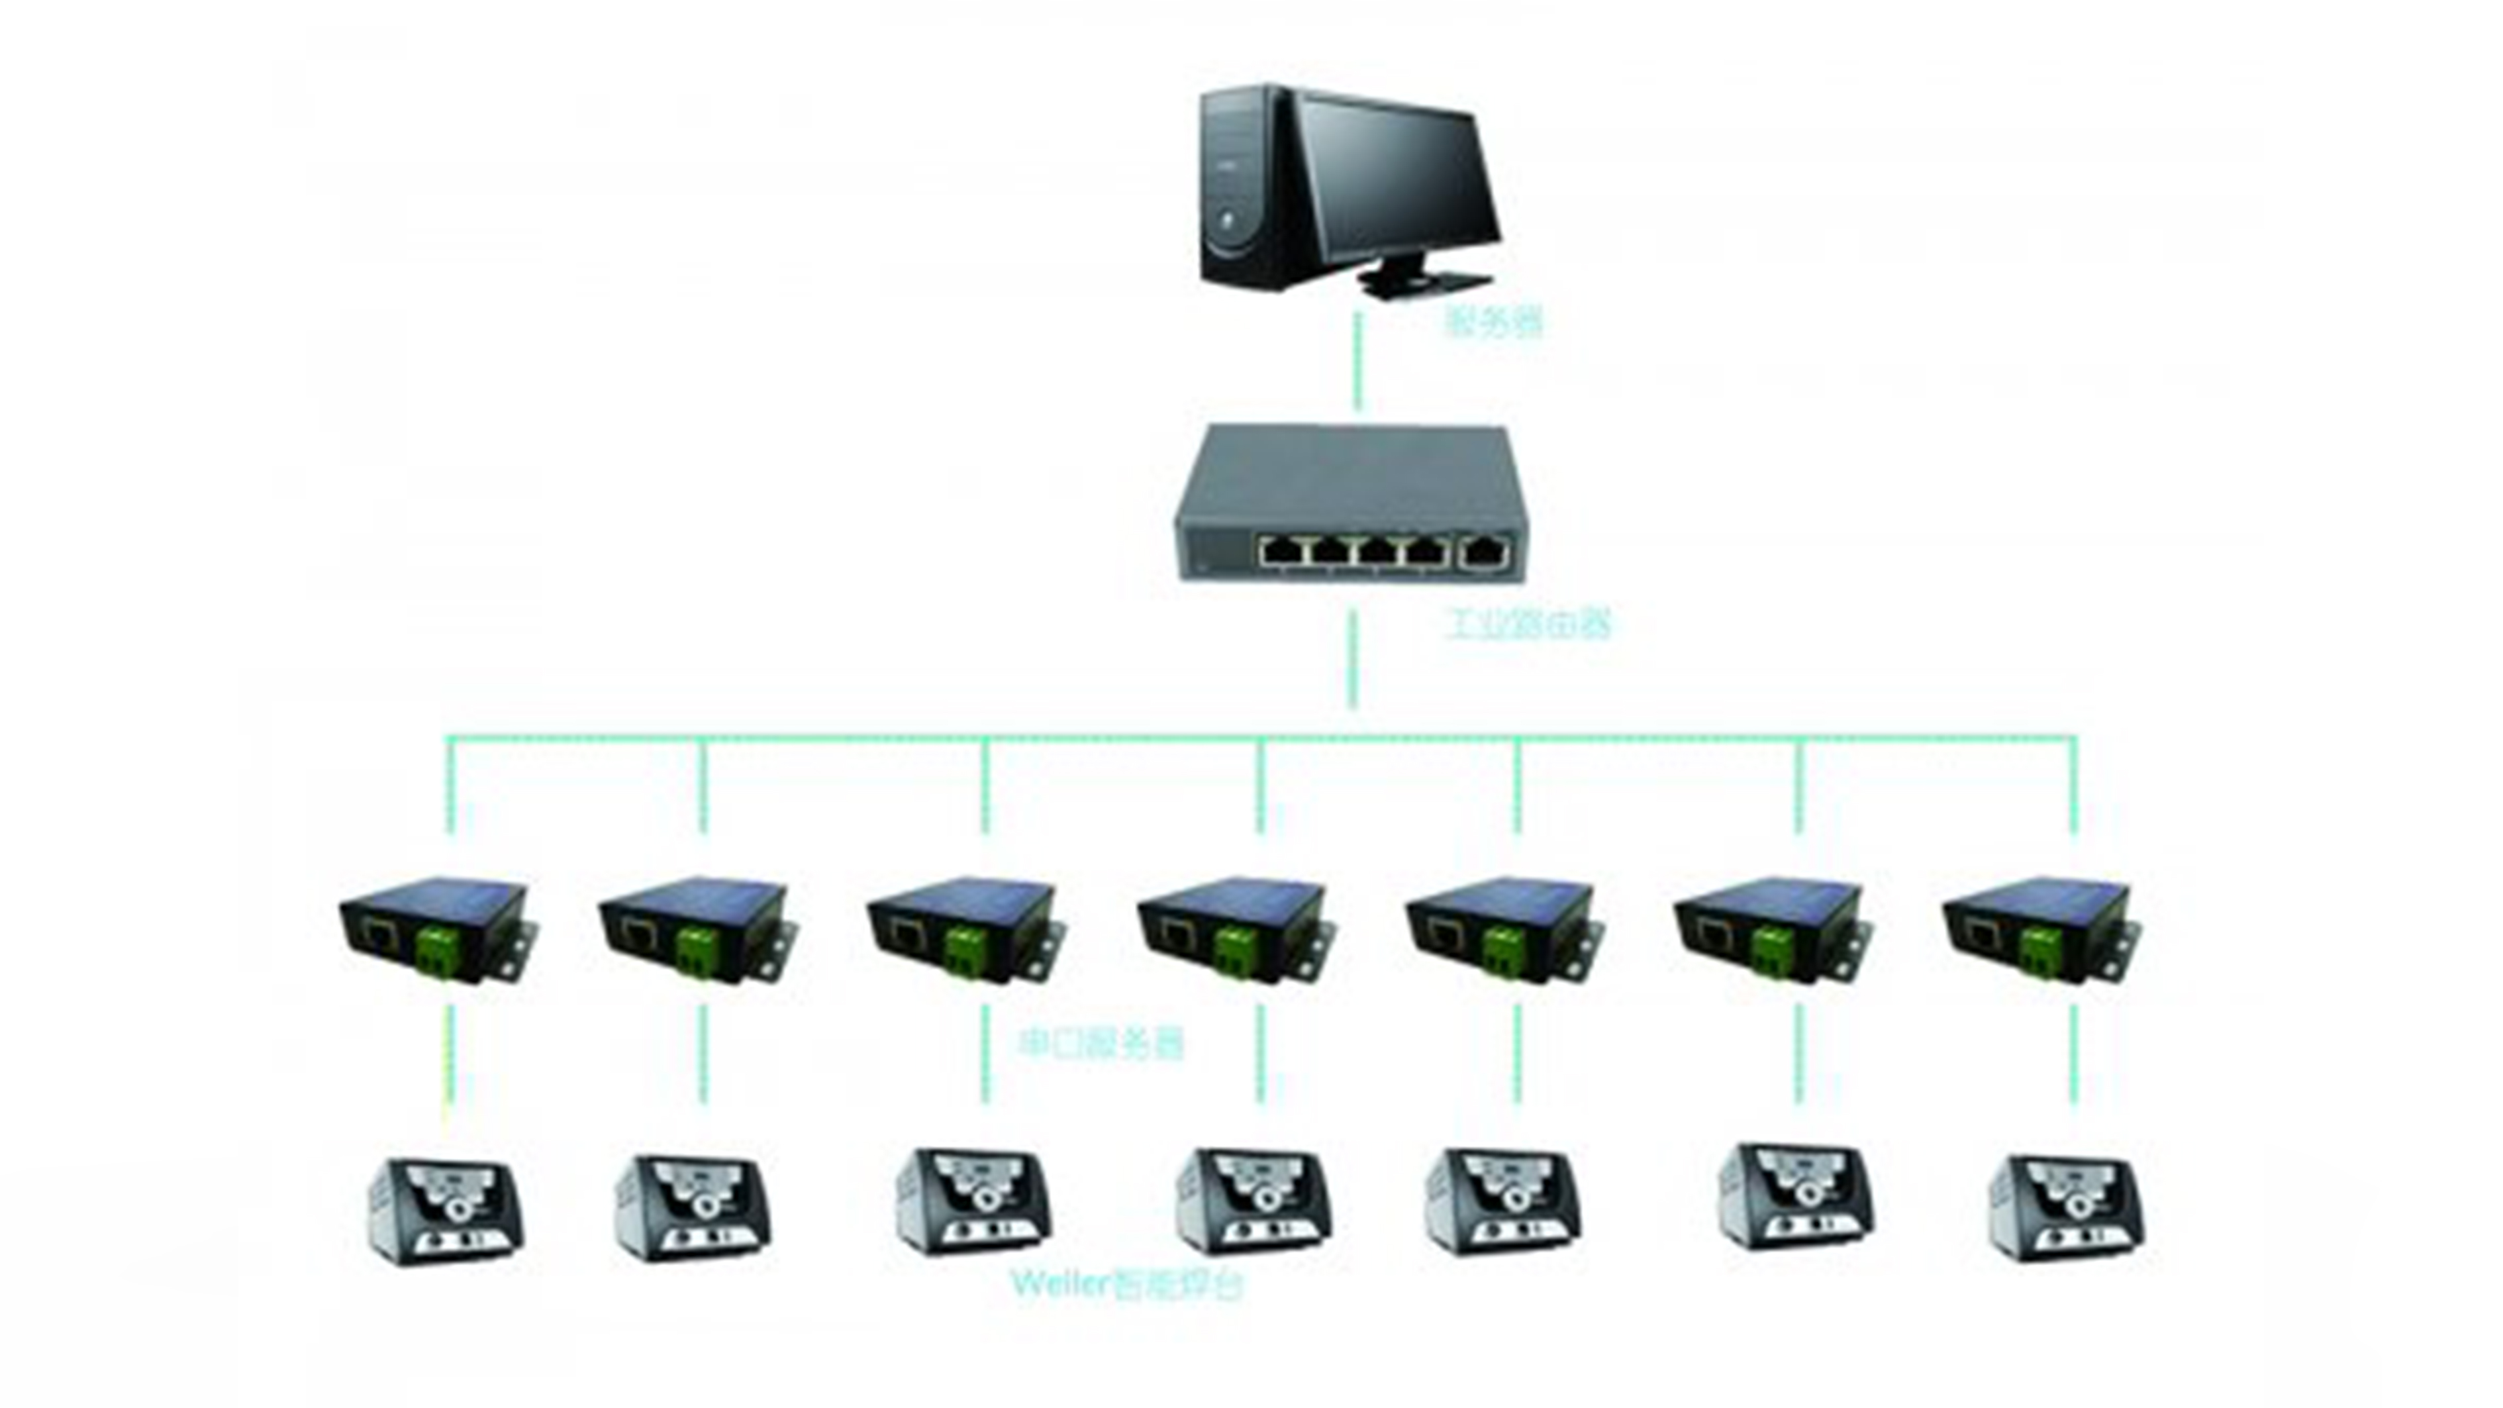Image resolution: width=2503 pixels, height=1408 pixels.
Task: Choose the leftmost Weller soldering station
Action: [x=448, y=1211]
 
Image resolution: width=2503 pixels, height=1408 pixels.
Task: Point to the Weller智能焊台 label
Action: [x=1127, y=1285]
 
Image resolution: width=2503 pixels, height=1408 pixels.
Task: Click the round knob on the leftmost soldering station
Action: [x=457, y=1211]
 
